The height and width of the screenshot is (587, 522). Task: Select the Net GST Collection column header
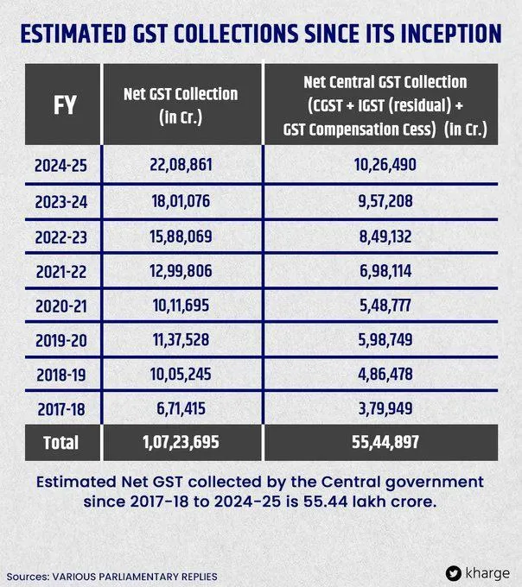(x=181, y=105)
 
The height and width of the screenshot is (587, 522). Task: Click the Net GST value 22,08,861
(x=181, y=162)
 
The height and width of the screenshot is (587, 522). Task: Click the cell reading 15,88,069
(x=181, y=236)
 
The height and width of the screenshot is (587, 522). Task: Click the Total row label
(x=60, y=443)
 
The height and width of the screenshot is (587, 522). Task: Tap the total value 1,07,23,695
(x=181, y=443)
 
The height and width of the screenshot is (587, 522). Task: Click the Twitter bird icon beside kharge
(x=454, y=572)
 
